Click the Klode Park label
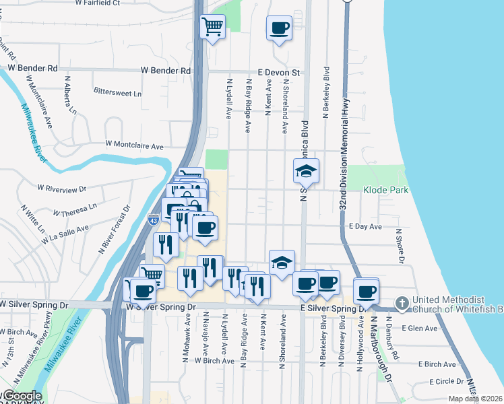[385, 191]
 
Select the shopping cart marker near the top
[213, 27]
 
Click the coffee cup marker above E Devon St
[279, 28]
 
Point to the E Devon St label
[278, 72]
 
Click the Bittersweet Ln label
[118, 92]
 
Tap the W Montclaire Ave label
[135, 145]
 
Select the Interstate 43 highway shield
[154, 220]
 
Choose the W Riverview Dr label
[62, 189]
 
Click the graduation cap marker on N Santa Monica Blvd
[306, 171]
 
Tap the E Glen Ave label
[419, 329]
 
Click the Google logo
[22, 396]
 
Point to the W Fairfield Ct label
[98, 3]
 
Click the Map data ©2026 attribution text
[475, 399]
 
